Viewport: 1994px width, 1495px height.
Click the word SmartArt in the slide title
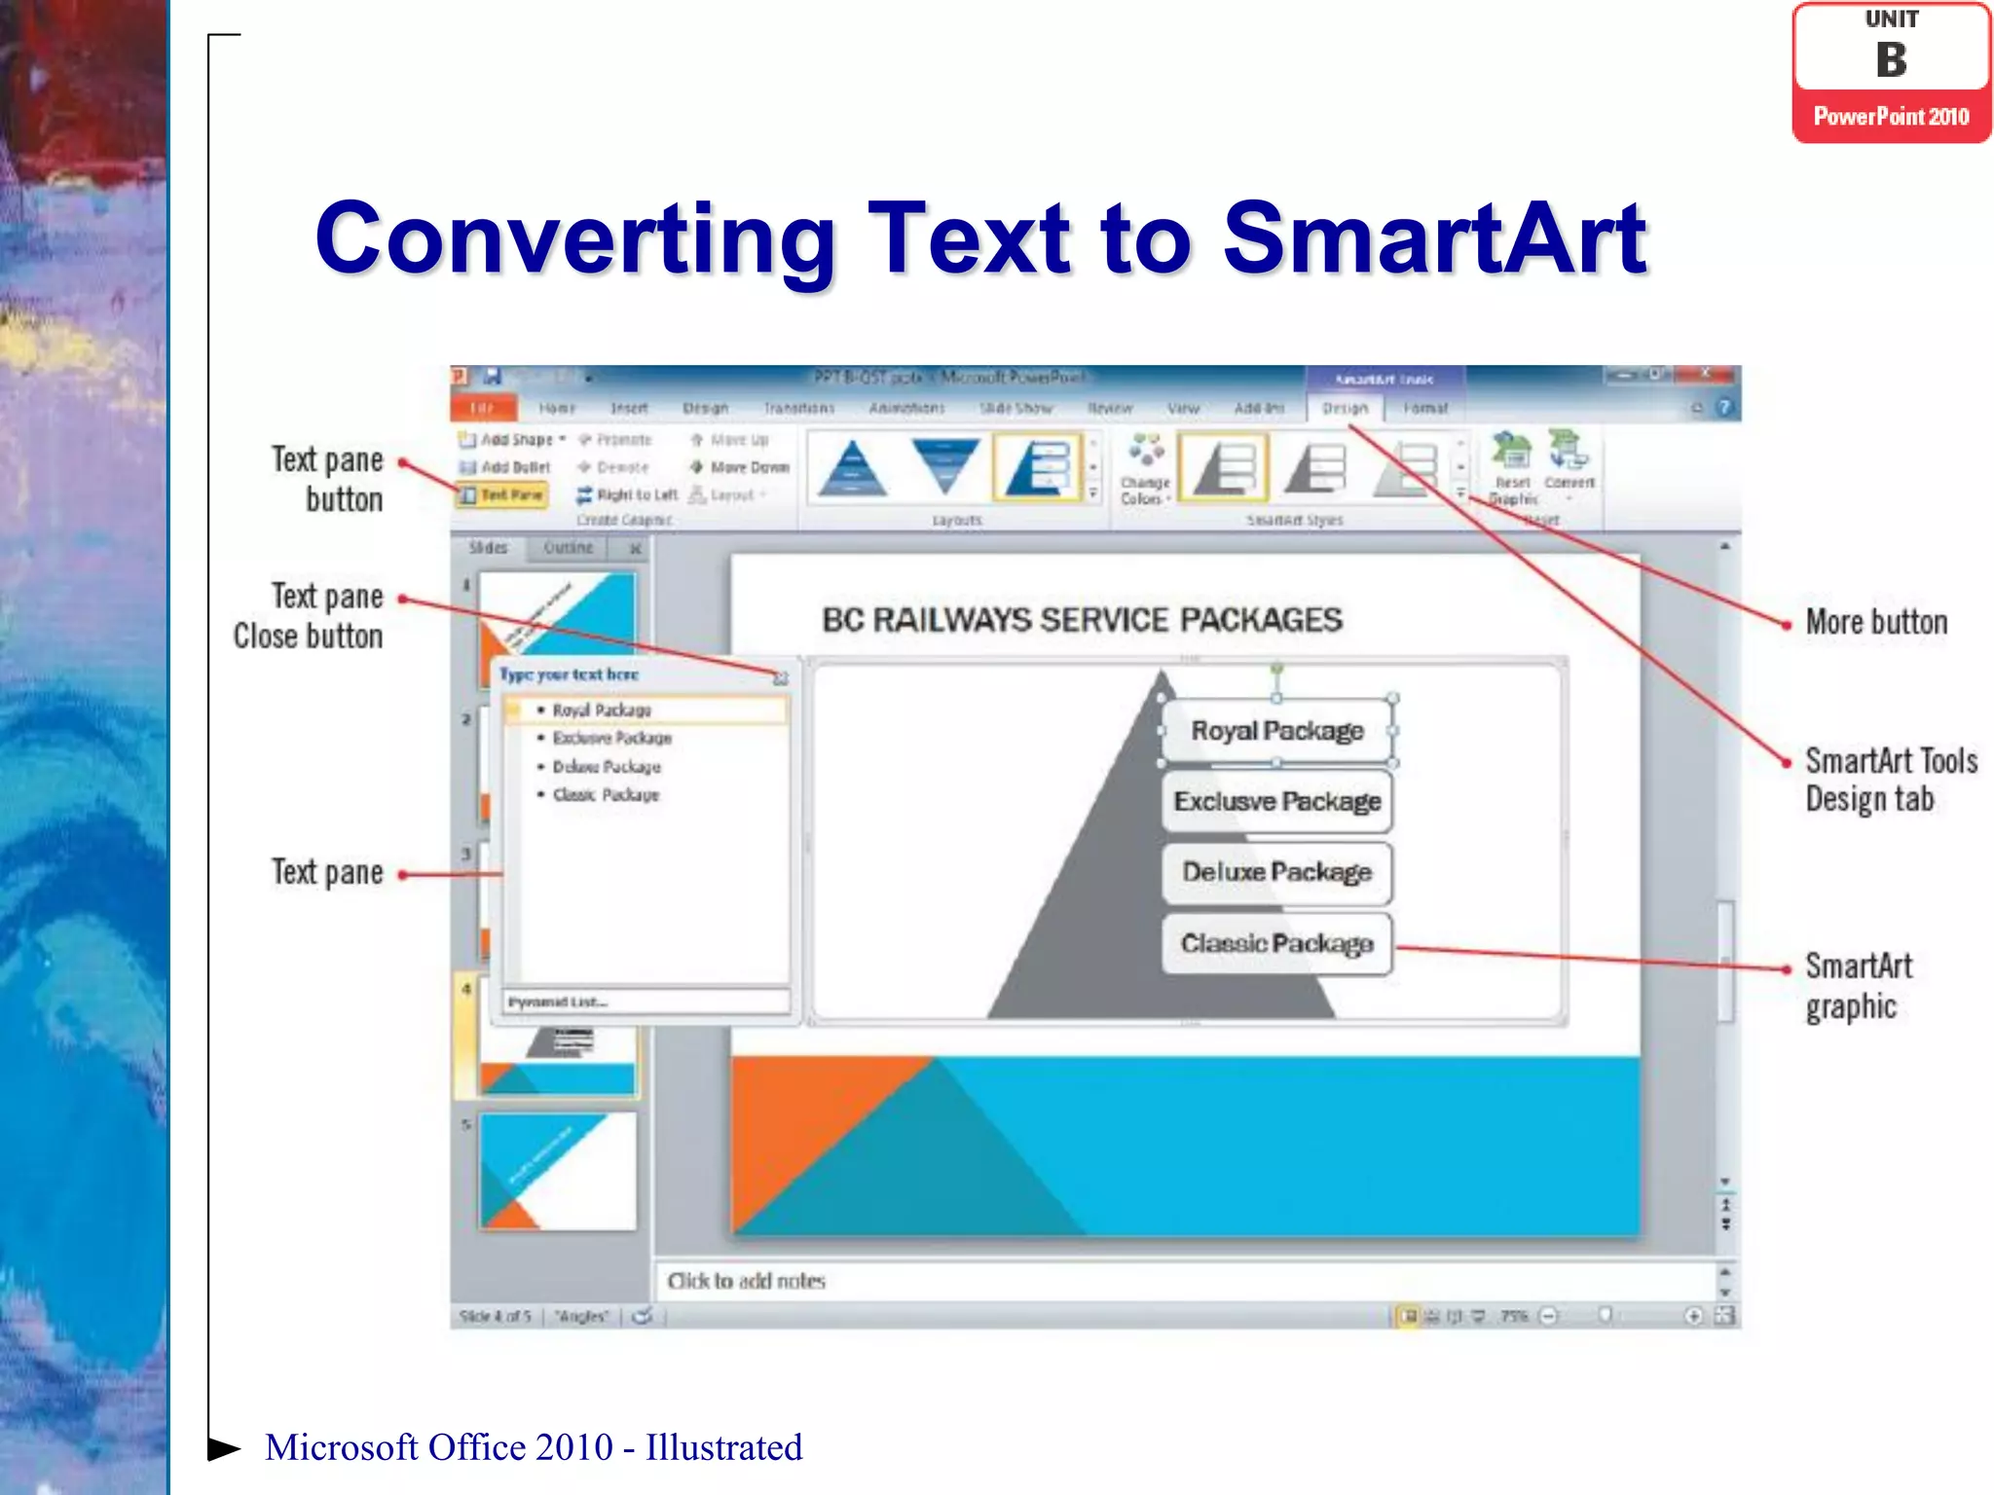[1433, 238]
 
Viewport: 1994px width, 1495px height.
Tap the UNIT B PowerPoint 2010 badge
[1891, 73]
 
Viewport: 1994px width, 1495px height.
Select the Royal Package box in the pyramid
[1276, 731]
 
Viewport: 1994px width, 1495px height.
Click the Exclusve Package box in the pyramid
[1276, 801]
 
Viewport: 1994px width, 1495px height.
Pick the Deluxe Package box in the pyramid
[1276, 872]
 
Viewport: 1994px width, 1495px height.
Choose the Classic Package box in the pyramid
[1276, 943]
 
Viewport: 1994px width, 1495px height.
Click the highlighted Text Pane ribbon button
[502, 495]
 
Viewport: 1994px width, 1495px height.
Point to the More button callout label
[1876, 622]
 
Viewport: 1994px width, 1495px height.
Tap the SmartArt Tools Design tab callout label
[1890, 780]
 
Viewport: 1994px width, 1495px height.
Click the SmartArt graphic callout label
[1858, 985]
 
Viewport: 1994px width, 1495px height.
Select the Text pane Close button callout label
[309, 616]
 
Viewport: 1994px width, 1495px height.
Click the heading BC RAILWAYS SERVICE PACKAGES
[1082, 620]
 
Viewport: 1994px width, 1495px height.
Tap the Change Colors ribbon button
[1145, 471]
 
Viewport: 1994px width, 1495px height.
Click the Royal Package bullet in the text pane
[602, 711]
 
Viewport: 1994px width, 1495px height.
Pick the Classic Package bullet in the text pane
[606, 795]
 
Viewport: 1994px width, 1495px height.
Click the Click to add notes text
[746, 1281]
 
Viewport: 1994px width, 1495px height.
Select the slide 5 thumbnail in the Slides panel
[557, 1171]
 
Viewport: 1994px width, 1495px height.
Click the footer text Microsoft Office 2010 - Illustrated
[534, 1447]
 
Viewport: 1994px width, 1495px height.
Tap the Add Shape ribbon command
[513, 440]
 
